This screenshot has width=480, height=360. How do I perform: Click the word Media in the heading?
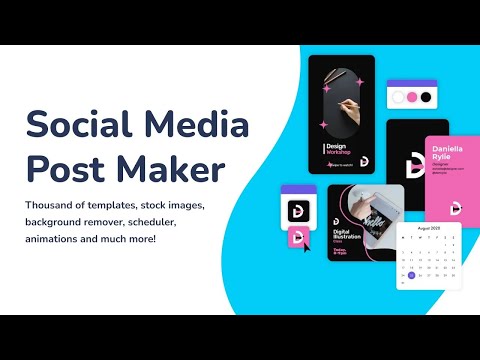tap(194, 125)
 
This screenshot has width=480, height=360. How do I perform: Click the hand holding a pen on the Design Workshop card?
tap(345, 106)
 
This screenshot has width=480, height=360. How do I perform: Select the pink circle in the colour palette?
tap(410, 98)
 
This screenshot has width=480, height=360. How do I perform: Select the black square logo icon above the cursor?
tap(296, 211)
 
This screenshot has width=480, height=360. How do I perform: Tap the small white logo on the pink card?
tap(456, 207)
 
